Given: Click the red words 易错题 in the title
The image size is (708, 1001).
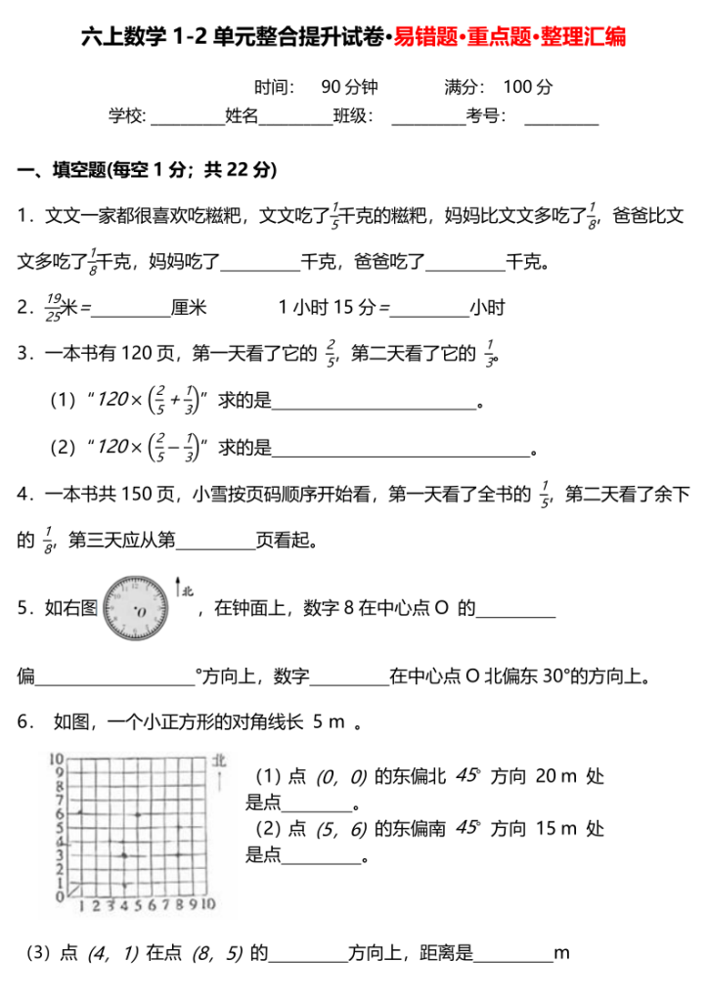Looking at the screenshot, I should click(x=420, y=37).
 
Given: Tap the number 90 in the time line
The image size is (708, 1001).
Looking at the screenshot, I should click(x=330, y=87).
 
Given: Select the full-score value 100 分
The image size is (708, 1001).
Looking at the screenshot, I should click(x=529, y=87).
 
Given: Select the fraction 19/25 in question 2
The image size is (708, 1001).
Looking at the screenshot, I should click(x=54, y=308).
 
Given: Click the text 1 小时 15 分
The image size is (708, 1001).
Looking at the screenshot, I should click(x=328, y=308).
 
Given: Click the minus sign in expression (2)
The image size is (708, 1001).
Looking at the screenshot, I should click(x=173, y=447).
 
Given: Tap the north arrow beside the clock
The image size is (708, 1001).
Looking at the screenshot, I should click(x=177, y=587).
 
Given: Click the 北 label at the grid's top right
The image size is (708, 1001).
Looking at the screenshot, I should click(x=219, y=759).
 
